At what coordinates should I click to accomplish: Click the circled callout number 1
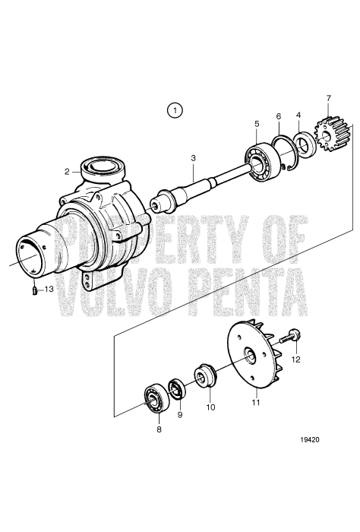(x=176, y=110)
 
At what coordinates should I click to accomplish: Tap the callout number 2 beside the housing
(x=67, y=172)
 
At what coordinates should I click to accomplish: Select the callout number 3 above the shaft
(x=194, y=157)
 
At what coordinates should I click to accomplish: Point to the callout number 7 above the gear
(x=328, y=98)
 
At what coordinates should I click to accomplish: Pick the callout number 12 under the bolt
(x=296, y=359)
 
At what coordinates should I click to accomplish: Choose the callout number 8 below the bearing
(x=158, y=429)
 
